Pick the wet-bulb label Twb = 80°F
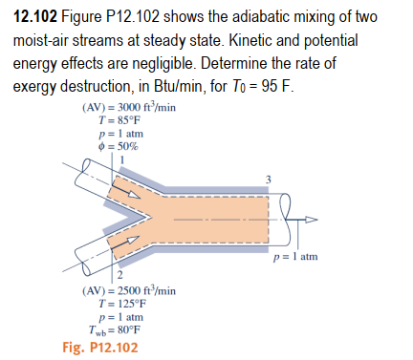[x=124, y=329]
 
